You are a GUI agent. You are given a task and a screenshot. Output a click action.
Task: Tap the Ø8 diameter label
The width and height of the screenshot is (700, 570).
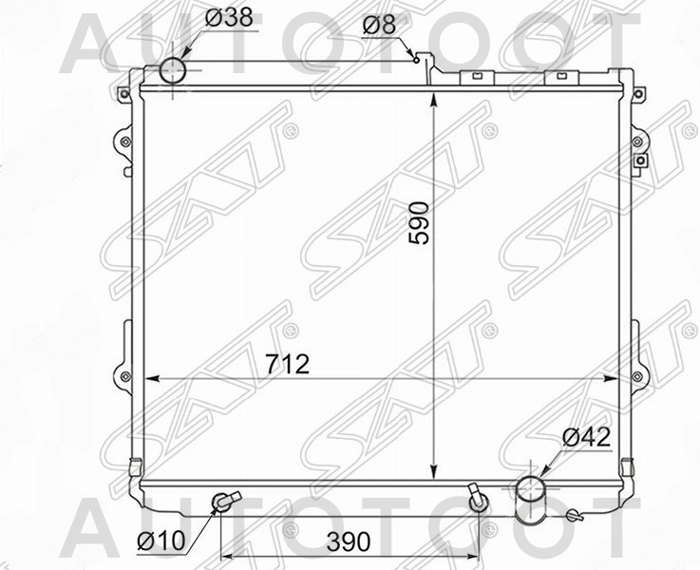click(x=378, y=26)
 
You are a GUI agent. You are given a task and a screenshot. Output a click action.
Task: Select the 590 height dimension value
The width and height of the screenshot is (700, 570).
click(x=419, y=222)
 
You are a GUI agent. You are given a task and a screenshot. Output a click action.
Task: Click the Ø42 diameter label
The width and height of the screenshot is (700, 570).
click(x=586, y=438)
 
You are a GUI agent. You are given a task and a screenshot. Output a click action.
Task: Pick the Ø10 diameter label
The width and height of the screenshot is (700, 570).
click(x=159, y=541)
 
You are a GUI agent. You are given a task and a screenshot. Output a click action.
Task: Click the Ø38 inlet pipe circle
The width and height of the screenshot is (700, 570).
click(x=173, y=70)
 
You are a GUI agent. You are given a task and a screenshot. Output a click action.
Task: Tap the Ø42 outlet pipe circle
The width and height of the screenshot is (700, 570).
click(x=532, y=490)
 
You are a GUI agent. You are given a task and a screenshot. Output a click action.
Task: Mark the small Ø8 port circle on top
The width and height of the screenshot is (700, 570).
click(x=416, y=58)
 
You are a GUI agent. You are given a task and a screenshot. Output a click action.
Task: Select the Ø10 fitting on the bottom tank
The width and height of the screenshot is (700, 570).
click(x=223, y=501)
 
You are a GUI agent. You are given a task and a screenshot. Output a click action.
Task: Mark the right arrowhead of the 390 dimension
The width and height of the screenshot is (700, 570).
click(x=473, y=557)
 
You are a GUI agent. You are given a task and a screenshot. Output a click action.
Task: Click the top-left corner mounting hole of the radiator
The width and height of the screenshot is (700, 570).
click(x=123, y=93)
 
